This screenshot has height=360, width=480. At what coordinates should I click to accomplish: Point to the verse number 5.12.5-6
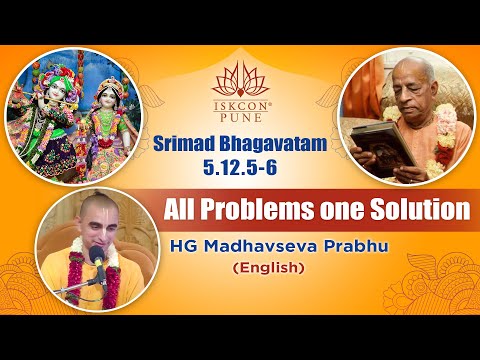pos(239,167)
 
